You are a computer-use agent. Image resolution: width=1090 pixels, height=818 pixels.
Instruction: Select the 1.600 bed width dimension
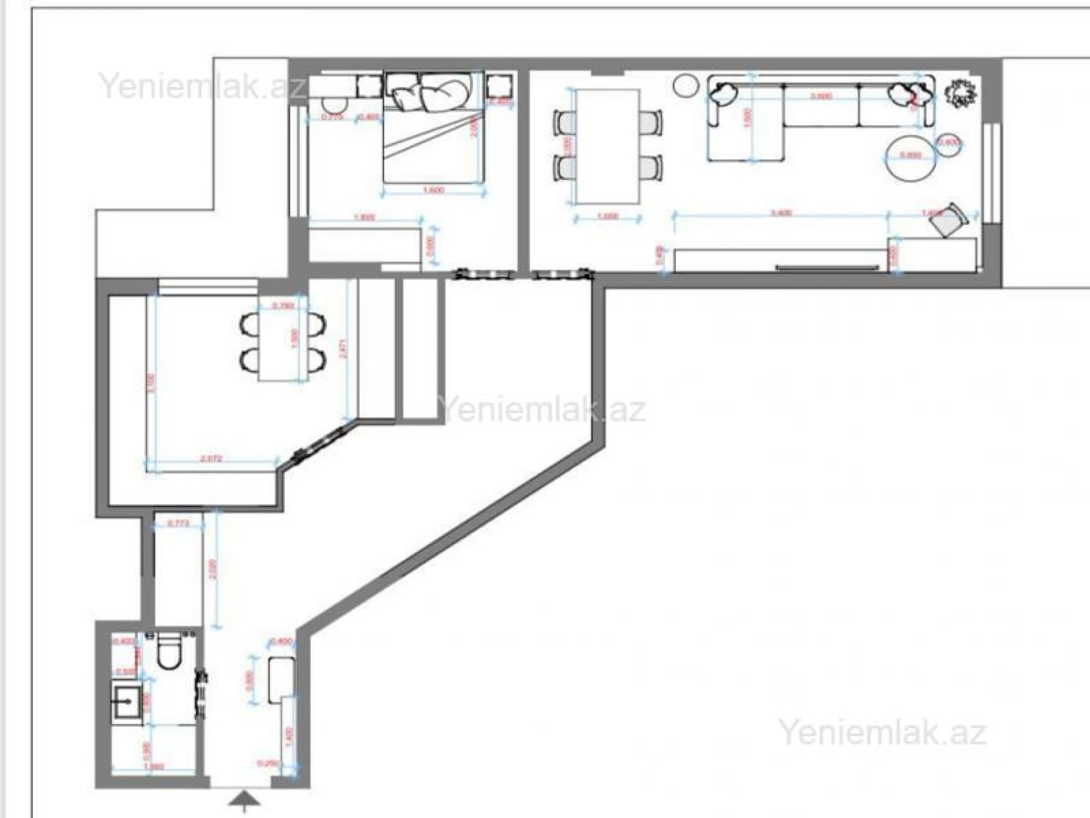coord(433,191)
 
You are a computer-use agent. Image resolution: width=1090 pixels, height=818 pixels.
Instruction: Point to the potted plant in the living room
coord(960,94)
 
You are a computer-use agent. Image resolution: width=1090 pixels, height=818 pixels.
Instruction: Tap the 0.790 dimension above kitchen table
coord(283,306)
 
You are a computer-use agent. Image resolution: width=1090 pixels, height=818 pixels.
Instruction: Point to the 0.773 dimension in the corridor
coord(178,523)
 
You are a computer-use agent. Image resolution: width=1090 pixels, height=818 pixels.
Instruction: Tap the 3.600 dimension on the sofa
coord(821,96)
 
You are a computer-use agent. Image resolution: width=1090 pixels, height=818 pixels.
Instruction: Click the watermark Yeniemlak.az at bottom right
coord(883,733)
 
